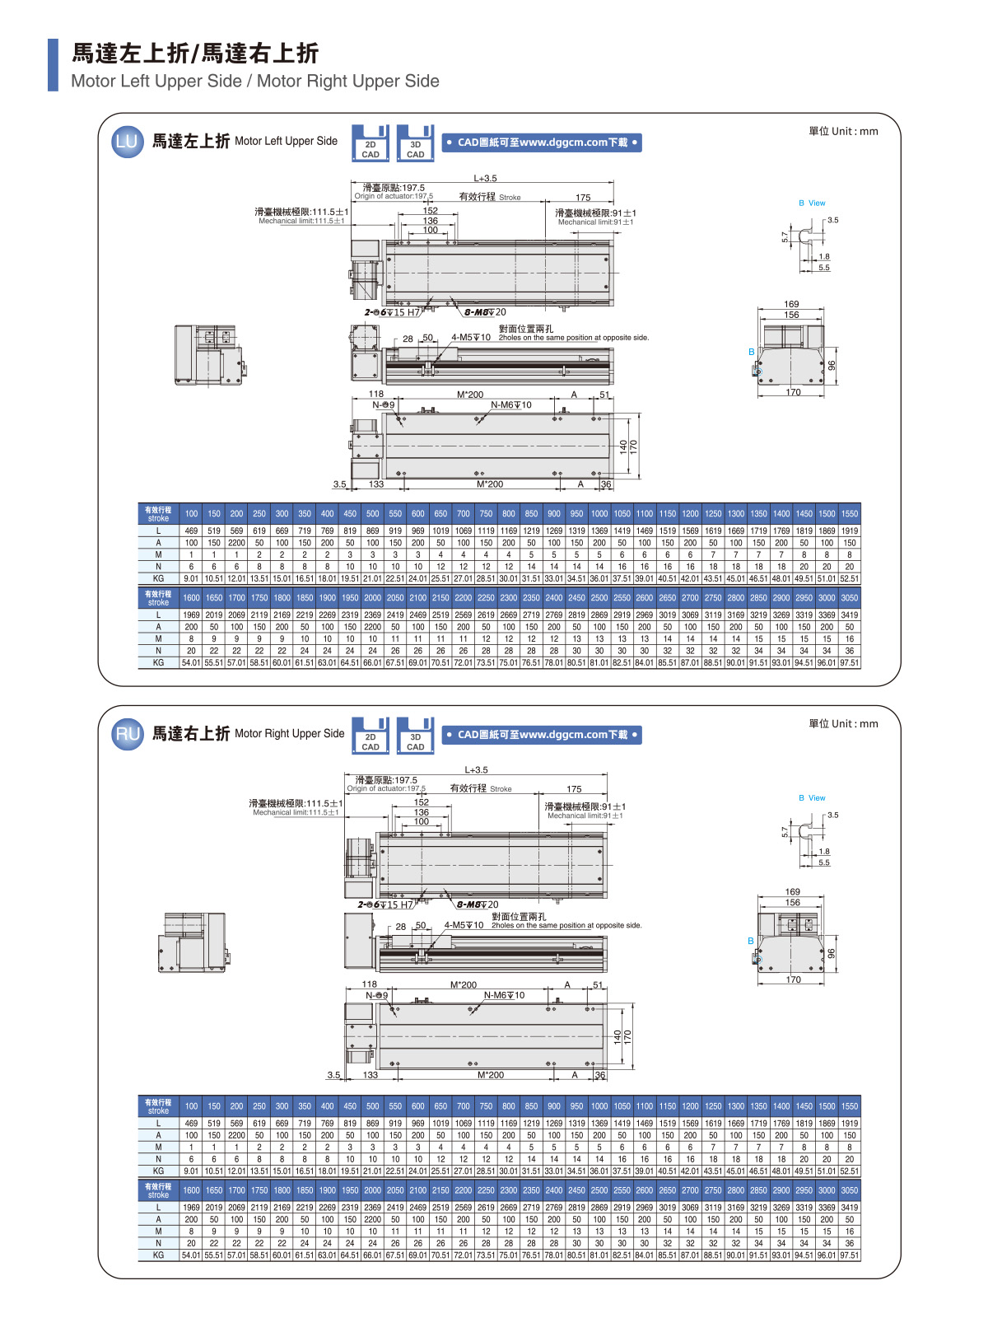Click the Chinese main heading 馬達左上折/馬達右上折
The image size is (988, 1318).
[x=195, y=54]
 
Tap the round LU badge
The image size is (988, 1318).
[x=127, y=141]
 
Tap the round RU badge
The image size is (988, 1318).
[x=128, y=733]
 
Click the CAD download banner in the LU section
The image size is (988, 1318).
[x=541, y=143]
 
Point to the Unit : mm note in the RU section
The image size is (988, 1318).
[x=843, y=724]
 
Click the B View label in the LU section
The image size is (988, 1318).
[x=812, y=203]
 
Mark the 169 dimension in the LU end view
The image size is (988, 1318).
[x=791, y=304]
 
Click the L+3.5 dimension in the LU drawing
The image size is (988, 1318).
[x=485, y=178]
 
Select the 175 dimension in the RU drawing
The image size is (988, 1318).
[x=574, y=789]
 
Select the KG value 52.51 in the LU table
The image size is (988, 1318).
[x=850, y=578]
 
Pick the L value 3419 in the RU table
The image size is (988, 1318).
[x=850, y=1207]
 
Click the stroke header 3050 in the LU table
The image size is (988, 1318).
[x=850, y=598]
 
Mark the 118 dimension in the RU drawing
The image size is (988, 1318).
[x=370, y=984]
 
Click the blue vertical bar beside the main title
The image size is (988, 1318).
[x=54, y=64]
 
